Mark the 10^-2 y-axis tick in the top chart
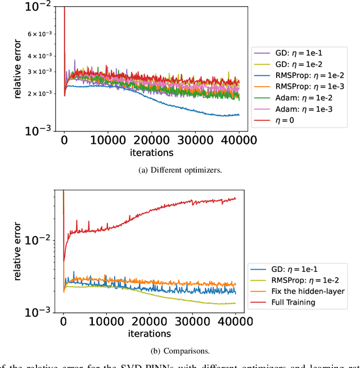[43, 6]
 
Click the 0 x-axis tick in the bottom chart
[64, 323]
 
